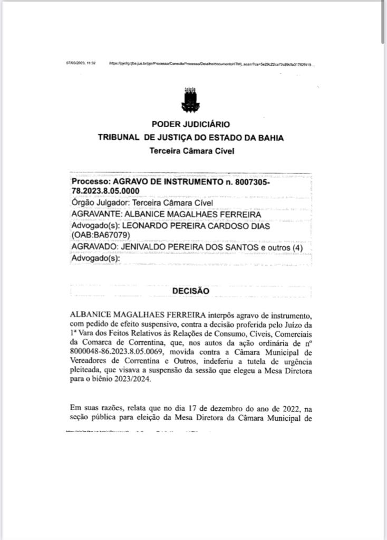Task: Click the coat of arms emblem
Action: (190, 100)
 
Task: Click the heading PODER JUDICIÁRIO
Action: (190, 124)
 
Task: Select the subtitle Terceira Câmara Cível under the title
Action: (190, 151)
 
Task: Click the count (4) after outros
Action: (296, 248)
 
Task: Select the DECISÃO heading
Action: (190, 291)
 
